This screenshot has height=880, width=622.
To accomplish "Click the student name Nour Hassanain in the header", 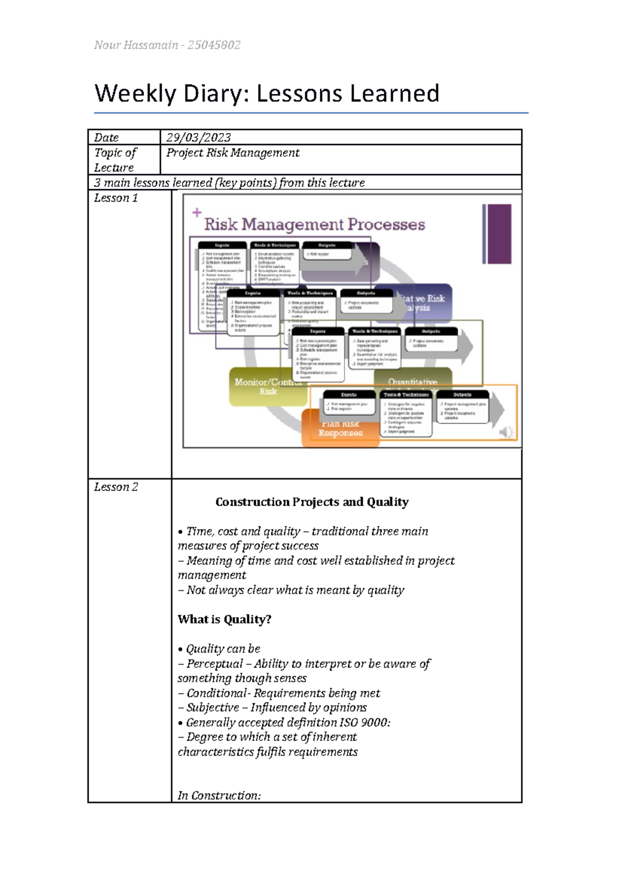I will point(136,45).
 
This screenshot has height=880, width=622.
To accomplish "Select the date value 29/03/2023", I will point(199,137).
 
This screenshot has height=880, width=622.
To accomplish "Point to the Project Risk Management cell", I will point(233,153).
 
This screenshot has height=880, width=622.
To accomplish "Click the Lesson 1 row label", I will point(116,198).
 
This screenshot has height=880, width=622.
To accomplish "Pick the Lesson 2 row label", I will point(116,487).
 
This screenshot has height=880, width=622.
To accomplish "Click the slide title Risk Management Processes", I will point(314,224).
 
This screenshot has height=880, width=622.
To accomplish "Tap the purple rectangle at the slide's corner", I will point(498,234).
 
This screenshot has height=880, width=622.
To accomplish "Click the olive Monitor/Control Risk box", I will point(267,387).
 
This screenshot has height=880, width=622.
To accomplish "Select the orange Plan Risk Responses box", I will point(340,429).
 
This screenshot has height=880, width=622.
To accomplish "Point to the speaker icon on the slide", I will point(506,432).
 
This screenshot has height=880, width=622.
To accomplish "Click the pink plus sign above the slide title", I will point(197,212).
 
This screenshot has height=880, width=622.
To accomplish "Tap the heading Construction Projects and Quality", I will point(312,502).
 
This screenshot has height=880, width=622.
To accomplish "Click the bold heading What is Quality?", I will point(224,619).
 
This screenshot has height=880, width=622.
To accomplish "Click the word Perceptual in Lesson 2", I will point(215,664).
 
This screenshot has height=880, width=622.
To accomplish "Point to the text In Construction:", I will point(219,796).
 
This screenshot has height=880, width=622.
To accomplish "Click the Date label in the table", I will point(106,137).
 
